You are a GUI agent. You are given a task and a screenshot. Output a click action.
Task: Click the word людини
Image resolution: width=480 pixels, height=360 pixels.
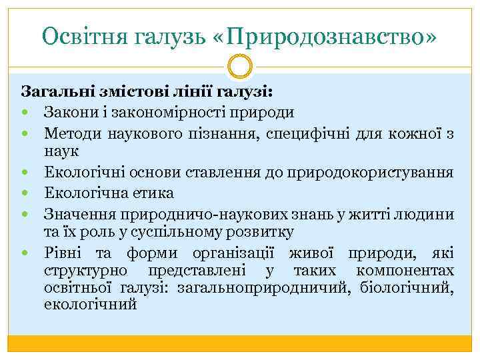point(427,214)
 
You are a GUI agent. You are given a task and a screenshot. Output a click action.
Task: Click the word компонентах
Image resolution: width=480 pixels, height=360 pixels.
point(406,271)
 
